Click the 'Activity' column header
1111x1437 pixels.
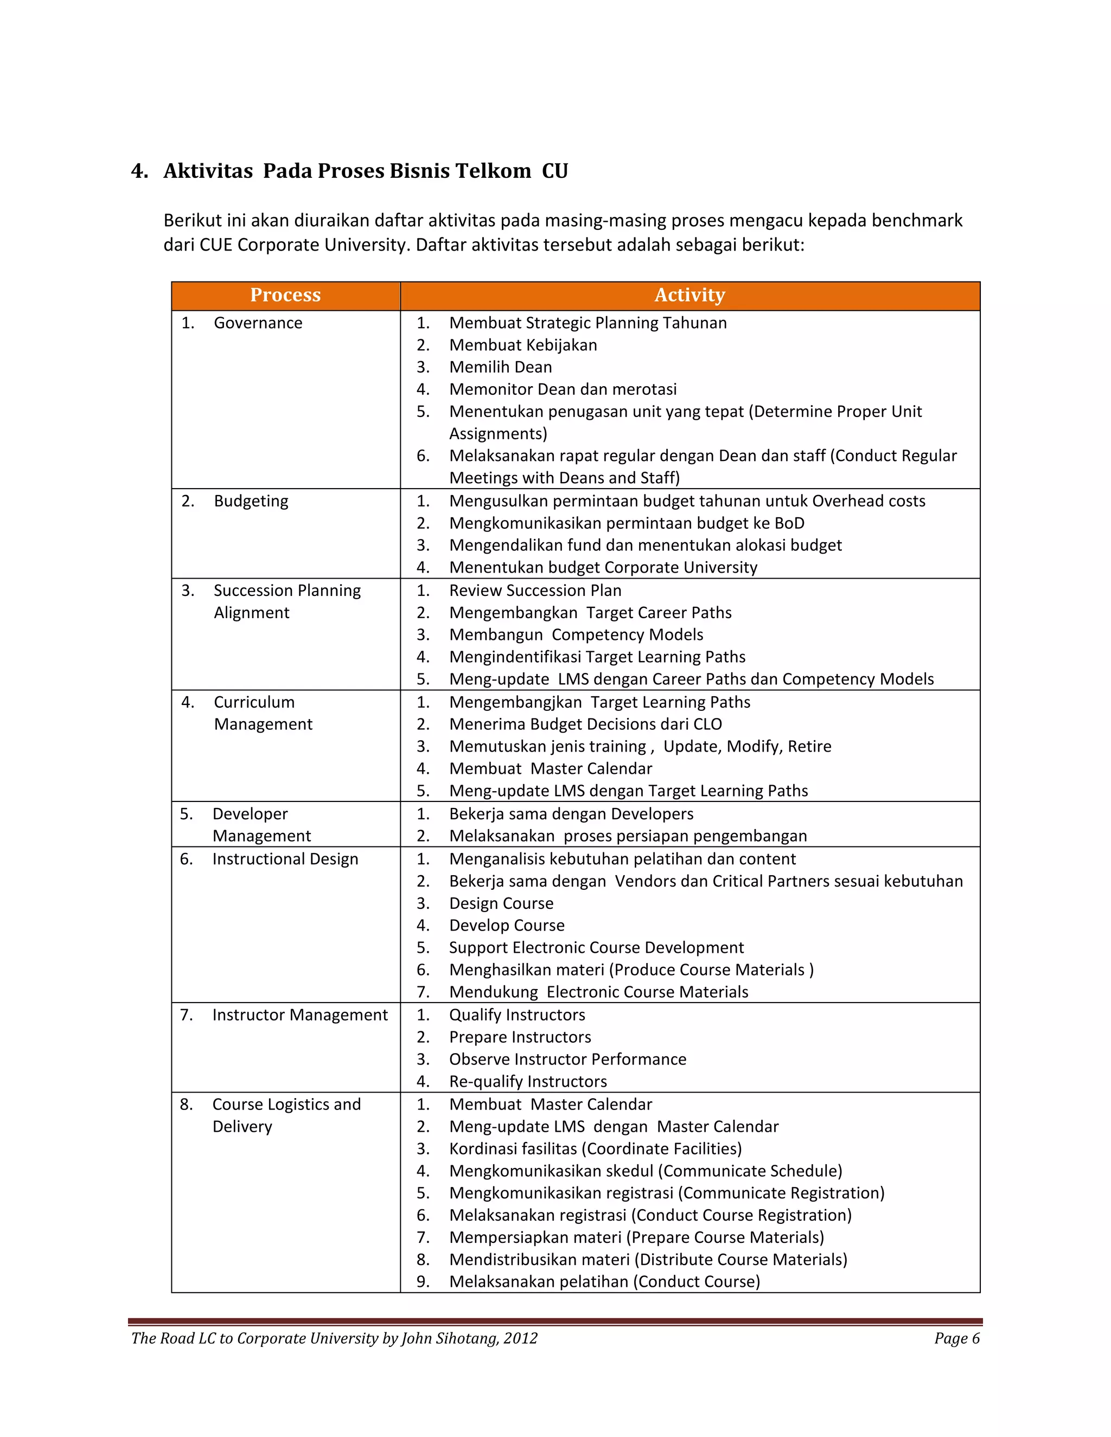tap(689, 295)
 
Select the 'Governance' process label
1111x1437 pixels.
tap(258, 323)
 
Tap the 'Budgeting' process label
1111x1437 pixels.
tap(251, 502)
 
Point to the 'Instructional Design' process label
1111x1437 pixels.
tap(285, 859)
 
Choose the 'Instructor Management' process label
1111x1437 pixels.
tap(299, 1015)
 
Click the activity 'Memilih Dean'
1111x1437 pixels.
tap(500, 367)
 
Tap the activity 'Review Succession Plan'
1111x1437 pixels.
tap(534, 591)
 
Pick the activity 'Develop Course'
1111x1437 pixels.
tap(507, 926)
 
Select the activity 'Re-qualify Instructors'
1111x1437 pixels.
tap(528, 1082)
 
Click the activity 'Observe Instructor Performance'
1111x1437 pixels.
tap(567, 1060)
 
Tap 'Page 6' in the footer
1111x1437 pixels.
tap(956, 1338)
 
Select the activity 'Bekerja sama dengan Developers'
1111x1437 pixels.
tap(571, 814)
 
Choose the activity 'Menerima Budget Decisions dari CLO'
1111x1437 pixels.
tap(585, 724)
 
